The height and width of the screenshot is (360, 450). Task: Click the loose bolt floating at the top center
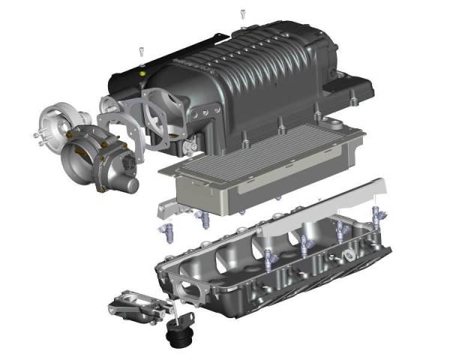click(x=242, y=13)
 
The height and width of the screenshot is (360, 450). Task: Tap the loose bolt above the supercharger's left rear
click(x=141, y=51)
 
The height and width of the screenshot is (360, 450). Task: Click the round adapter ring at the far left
click(x=55, y=124)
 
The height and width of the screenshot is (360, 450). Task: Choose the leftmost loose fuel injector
click(x=166, y=230)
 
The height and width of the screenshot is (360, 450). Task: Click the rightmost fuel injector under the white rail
click(x=376, y=218)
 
